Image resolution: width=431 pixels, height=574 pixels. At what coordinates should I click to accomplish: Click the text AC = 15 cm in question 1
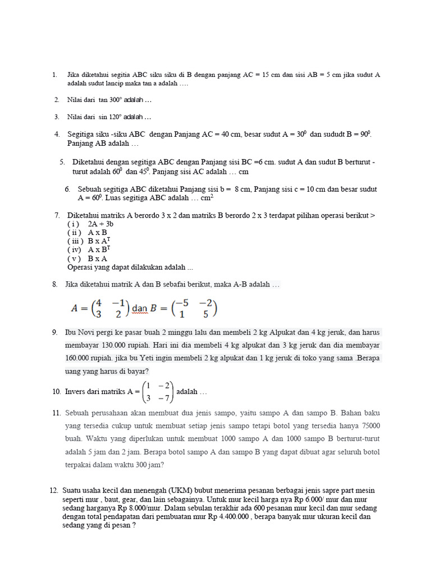(263, 75)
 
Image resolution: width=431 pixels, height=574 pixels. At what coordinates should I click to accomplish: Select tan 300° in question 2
(112, 100)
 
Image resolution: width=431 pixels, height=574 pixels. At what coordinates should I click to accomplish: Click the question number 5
(62, 162)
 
